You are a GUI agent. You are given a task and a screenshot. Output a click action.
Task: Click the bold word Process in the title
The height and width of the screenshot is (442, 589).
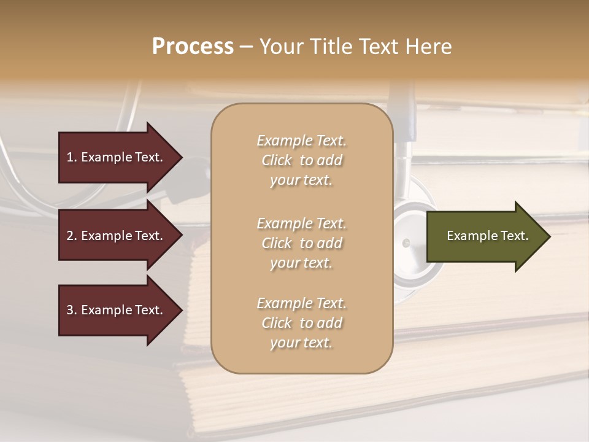point(193,47)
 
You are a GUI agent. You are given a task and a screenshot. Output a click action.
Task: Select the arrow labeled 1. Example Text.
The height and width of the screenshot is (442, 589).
point(117,157)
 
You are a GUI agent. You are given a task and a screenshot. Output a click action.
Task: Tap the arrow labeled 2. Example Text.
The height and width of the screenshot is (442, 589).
point(117,236)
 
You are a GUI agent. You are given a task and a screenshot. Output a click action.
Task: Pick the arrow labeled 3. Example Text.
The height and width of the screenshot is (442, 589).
point(117,310)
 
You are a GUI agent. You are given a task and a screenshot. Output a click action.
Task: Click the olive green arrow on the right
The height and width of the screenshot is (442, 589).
point(485,236)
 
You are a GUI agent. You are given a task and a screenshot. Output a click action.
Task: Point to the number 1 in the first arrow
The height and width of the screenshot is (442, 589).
point(70,157)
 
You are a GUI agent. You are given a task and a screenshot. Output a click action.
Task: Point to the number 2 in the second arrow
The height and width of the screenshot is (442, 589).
point(70,236)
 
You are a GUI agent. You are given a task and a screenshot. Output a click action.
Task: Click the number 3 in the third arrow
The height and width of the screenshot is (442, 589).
point(70,310)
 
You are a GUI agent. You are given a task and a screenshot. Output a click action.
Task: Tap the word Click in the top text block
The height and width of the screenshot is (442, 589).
point(277,161)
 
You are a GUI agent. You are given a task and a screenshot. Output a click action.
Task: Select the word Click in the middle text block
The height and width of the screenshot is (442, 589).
point(277,243)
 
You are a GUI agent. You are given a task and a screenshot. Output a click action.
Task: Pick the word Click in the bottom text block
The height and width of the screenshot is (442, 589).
point(277,323)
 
